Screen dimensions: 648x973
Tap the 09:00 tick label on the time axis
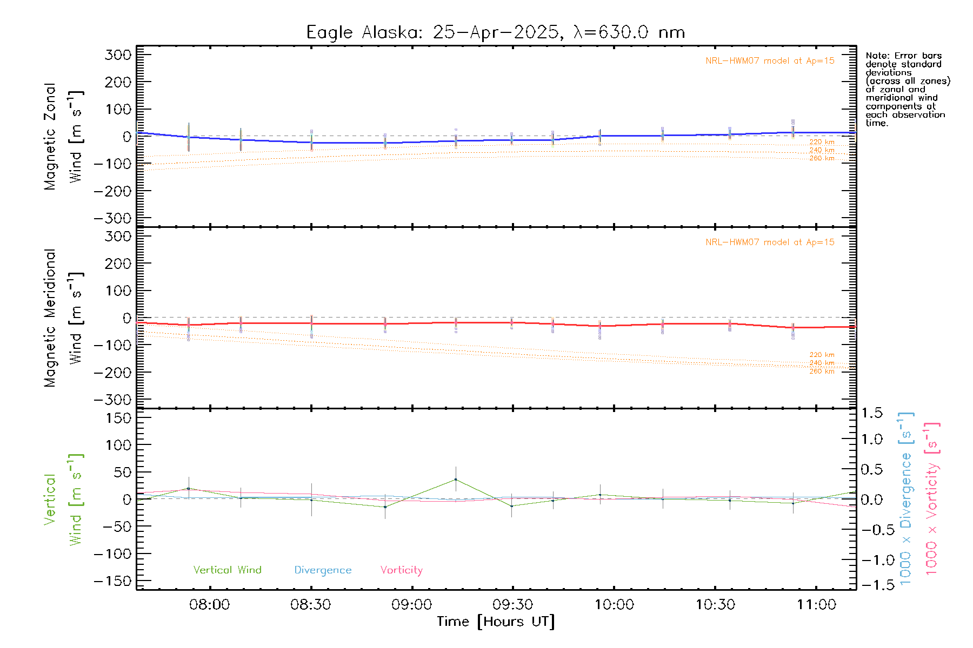point(411,604)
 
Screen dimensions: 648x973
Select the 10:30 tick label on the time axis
point(715,604)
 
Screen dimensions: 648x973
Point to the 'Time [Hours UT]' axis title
point(496,622)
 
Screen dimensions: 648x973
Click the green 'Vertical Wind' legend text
point(227,570)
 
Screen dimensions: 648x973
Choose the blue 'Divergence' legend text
point(323,570)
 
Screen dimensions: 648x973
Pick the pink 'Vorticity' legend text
point(401,570)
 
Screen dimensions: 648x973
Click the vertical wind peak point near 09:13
point(456,480)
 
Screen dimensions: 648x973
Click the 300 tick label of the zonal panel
point(118,55)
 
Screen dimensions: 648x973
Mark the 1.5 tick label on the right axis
point(871,413)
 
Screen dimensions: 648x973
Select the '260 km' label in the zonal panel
point(822,158)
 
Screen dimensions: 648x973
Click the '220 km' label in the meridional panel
point(822,355)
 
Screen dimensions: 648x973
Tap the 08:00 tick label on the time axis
point(209,604)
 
